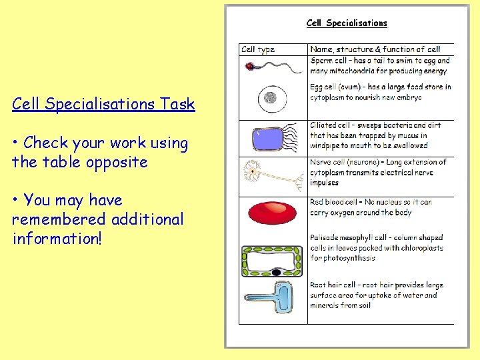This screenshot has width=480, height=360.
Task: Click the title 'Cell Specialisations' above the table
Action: [x=346, y=23]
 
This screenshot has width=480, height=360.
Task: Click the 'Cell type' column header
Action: [x=258, y=49]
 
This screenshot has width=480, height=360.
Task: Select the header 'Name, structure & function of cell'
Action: [x=375, y=49]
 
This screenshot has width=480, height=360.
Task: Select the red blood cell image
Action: [x=272, y=213]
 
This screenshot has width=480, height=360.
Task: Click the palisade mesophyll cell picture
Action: [x=272, y=261]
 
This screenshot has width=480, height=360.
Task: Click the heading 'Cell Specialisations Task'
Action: [x=103, y=104]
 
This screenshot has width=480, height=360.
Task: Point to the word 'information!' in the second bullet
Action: [x=57, y=238]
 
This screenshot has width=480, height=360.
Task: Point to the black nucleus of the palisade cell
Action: [x=275, y=273]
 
